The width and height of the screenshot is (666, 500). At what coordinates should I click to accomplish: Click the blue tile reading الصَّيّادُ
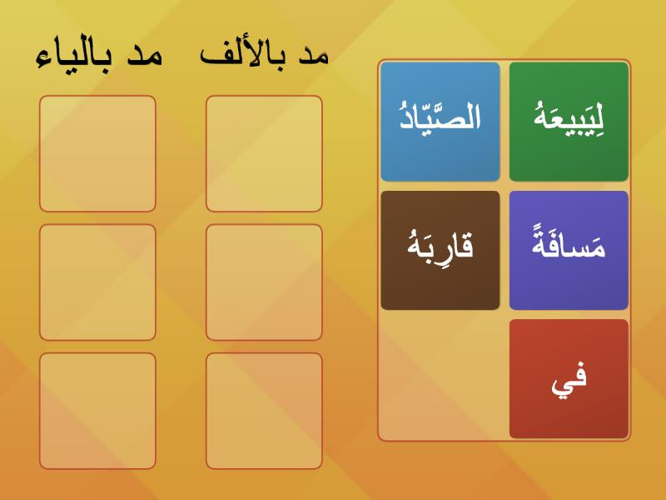click(440, 122)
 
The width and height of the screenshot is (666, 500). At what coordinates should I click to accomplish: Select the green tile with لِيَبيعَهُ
click(569, 122)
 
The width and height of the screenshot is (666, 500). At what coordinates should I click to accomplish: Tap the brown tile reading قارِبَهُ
click(440, 251)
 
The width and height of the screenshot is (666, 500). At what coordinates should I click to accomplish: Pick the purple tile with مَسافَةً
click(569, 251)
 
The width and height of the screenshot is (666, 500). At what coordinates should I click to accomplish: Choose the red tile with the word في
click(569, 379)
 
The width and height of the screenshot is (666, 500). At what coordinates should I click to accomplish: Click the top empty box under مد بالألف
click(264, 153)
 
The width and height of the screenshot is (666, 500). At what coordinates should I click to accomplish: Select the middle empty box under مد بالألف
click(264, 282)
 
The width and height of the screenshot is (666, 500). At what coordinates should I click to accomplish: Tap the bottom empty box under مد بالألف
click(264, 411)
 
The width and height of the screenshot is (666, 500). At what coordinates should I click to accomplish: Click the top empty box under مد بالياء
click(97, 153)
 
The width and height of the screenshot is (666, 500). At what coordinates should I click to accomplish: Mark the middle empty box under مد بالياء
click(97, 282)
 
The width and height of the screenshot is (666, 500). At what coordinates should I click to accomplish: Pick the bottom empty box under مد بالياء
click(97, 411)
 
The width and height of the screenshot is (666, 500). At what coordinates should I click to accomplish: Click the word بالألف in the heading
click(243, 54)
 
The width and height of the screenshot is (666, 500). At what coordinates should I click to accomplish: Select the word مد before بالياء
click(145, 56)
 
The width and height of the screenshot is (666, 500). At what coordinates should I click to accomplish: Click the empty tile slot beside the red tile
click(440, 379)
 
